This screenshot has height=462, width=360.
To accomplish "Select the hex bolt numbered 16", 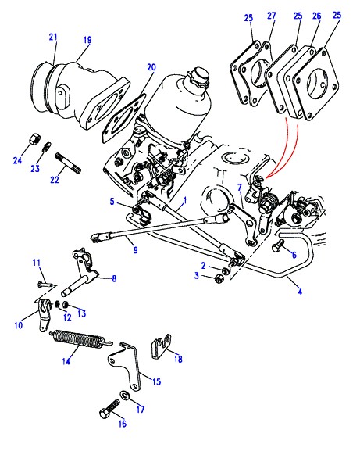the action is click(109, 409).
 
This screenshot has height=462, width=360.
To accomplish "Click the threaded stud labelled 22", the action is click(68, 163).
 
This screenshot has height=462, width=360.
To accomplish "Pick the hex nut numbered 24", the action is click(34, 138).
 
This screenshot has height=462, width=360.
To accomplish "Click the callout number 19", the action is click(87, 40).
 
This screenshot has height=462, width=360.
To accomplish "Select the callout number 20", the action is click(151, 67).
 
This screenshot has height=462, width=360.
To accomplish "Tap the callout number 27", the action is click(272, 16).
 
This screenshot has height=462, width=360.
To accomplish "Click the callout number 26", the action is click(317, 16).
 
